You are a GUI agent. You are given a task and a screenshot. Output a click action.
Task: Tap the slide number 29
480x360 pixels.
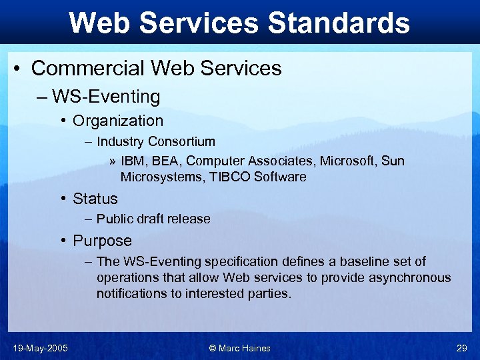tap(461, 348)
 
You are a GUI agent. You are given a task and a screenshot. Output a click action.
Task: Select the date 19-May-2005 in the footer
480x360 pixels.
tap(39, 348)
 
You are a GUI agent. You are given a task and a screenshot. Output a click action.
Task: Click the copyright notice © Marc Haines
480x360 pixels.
tap(240, 348)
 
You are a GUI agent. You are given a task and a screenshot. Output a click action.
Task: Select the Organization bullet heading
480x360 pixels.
tap(118, 121)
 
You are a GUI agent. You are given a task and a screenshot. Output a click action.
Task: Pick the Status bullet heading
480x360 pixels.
tap(95, 199)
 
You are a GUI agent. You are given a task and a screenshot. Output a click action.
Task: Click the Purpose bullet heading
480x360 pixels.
tap(103, 241)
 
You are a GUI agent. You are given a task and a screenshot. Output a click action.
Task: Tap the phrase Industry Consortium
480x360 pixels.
tap(156, 141)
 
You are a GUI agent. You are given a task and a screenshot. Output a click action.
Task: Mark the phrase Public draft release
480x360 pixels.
tap(153, 219)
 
